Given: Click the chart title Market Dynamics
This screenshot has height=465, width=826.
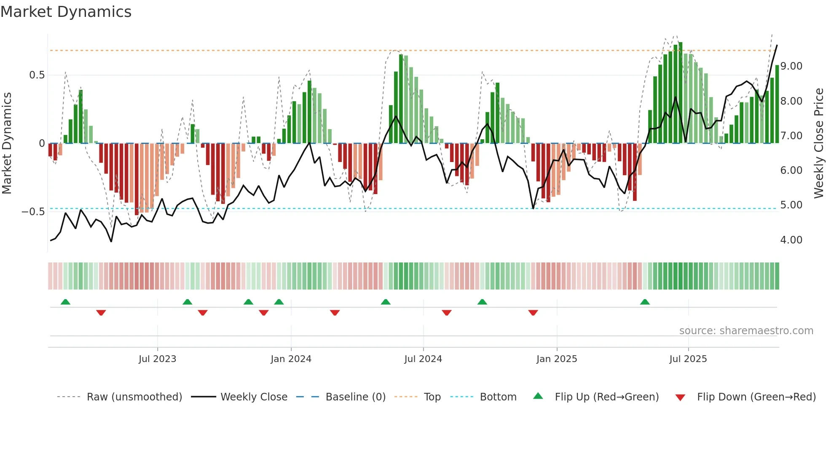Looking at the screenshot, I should click(66, 12).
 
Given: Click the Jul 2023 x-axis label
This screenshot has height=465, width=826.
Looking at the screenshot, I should click(157, 359).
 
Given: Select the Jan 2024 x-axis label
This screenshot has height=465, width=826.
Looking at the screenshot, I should click(291, 359).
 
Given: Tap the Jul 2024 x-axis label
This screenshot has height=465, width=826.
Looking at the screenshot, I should click(423, 359).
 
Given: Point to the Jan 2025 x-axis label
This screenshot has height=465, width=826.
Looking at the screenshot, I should click(557, 359).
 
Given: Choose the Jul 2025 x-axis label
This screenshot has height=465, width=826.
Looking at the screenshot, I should click(688, 359).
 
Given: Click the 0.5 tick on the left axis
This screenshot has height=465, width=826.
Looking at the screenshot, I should click(37, 75).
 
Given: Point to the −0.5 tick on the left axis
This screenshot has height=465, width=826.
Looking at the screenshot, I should click(33, 212).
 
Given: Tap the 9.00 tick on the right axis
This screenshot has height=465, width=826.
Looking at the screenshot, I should click(791, 66).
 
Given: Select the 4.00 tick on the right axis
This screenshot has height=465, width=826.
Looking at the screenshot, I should click(791, 240).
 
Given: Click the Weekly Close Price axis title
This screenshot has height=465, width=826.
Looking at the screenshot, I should click(818, 143).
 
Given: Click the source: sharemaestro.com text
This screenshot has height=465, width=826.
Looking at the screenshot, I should click(746, 331).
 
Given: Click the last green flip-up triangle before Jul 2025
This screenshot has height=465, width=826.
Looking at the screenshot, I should click(645, 302).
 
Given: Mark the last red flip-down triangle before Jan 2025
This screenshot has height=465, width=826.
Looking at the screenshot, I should click(533, 313).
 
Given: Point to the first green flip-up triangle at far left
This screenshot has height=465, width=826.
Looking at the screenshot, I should click(65, 302).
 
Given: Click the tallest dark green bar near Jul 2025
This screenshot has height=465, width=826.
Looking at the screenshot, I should click(680, 93).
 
